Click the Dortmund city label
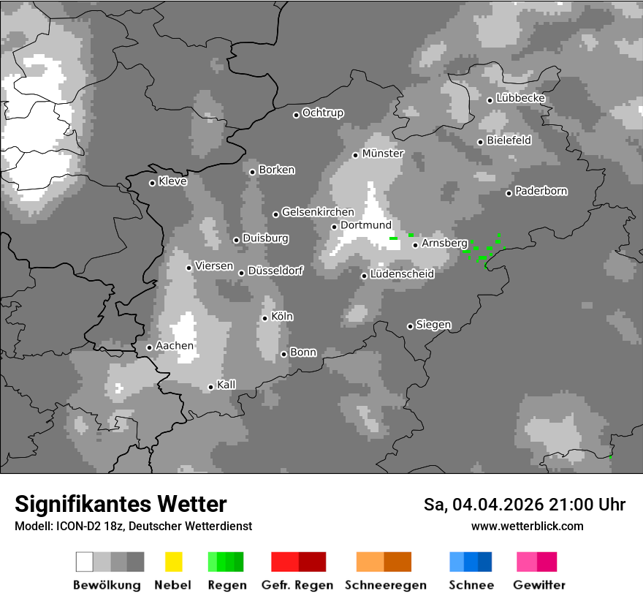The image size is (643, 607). (x=366, y=225)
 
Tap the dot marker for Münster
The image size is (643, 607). (x=355, y=155)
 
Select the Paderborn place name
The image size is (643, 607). (x=541, y=192)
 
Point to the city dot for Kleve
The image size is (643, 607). (x=152, y=183)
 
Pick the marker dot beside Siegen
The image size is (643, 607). (x=410, y=326)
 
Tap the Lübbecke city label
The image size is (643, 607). (x=521, y=99)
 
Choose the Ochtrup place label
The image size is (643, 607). (x=323, y=113)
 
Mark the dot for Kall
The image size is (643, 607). (x=210, y=387)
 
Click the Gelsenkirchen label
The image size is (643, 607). (x=318, y=213)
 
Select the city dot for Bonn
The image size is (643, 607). (x=284, y=354)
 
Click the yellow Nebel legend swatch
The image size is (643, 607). (x=174, y=562)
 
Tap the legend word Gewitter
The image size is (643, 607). (x=539, y=585)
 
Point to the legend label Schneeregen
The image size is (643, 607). (x=384, y=585)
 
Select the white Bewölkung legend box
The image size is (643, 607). (x=85, y=562)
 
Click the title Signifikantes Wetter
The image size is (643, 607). (x=121, y=504)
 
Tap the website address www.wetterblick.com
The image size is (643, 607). (x=528, y=527)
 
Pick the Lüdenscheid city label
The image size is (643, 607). (x=403, y=274)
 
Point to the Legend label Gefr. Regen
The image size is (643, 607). (x=297, y=585)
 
